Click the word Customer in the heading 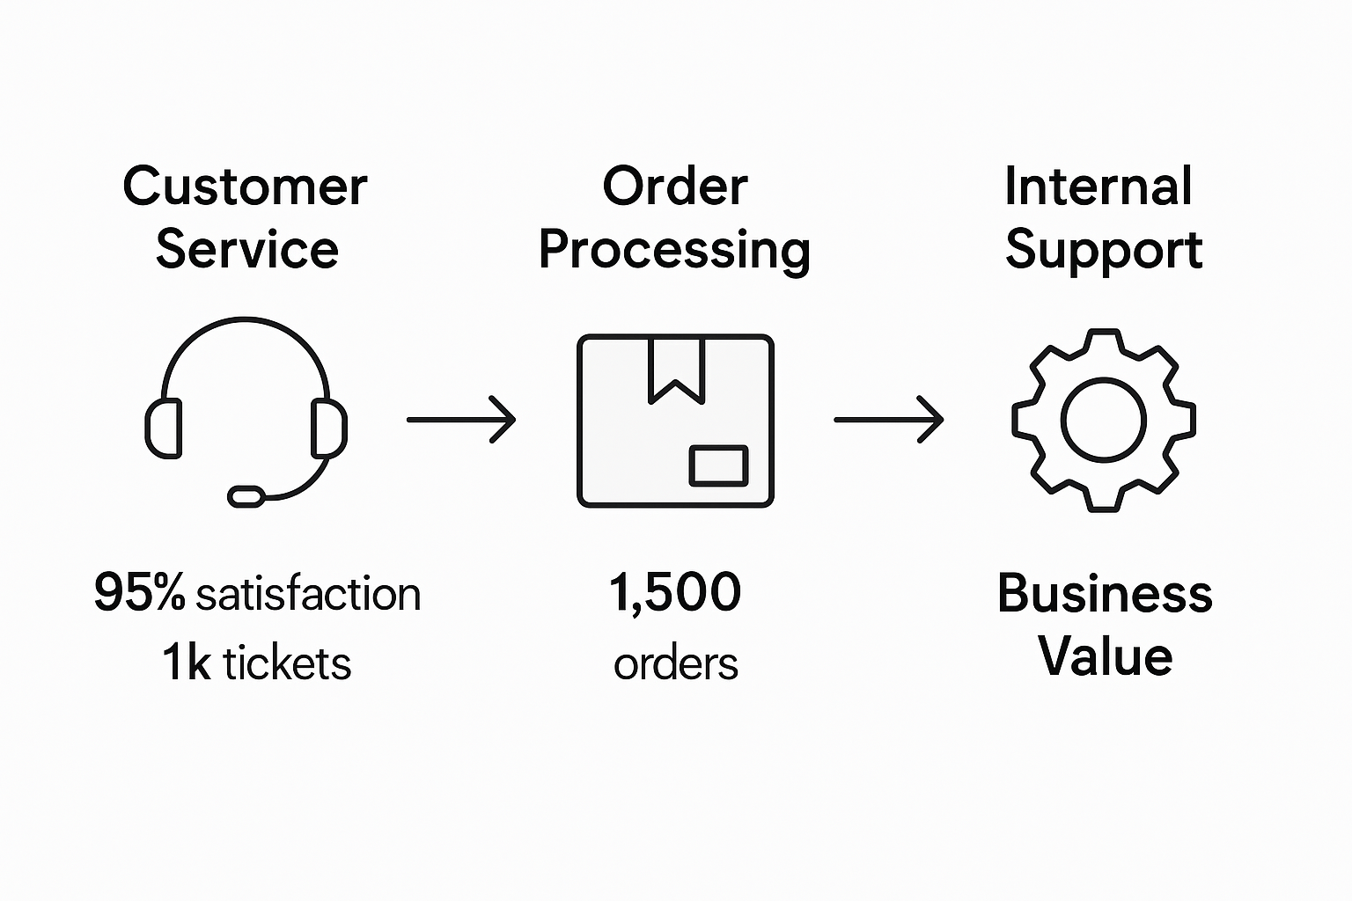tap(245, 187)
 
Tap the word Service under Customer tap(246, 250)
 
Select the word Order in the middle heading tap(675, 187)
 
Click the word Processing tap(674, 252)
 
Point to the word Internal tap(1098, 187)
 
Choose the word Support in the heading tap(1104, 252)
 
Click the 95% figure tap(139, 592)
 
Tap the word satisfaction tap(308, 594)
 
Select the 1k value tap(186, 663)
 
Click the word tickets tap(287, 663)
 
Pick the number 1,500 tap(675, 592)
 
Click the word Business tap(1105, 593)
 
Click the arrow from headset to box tap(460, 420)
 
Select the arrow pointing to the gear tap(888, 420)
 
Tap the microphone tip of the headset tap(246, 496)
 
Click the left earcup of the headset tap(164, 429)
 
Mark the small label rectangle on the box tap(718, 465)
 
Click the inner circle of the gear tap(1103, 420)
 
